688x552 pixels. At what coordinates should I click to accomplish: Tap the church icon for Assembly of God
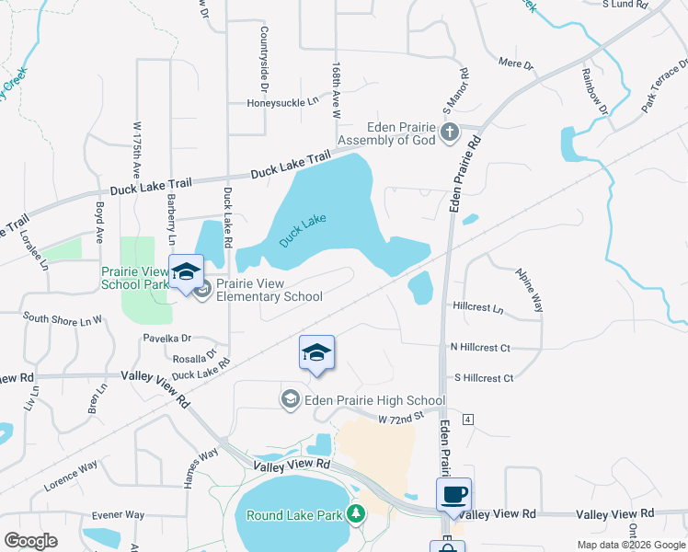(x=449, y=133)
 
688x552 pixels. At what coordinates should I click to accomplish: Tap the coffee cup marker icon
(x=453, y=494)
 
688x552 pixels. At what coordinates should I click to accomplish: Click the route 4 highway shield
(x=468, y=420)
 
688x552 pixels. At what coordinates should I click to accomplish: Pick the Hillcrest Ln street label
(x=478, y=307)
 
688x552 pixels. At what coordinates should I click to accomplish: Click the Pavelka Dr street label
(x=166, y=339)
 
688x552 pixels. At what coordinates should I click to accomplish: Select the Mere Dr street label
(x=515, y=64)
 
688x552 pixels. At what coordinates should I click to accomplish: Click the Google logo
(x=30, y=540)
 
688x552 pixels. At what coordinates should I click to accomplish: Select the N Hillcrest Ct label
(x=480, y=348)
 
